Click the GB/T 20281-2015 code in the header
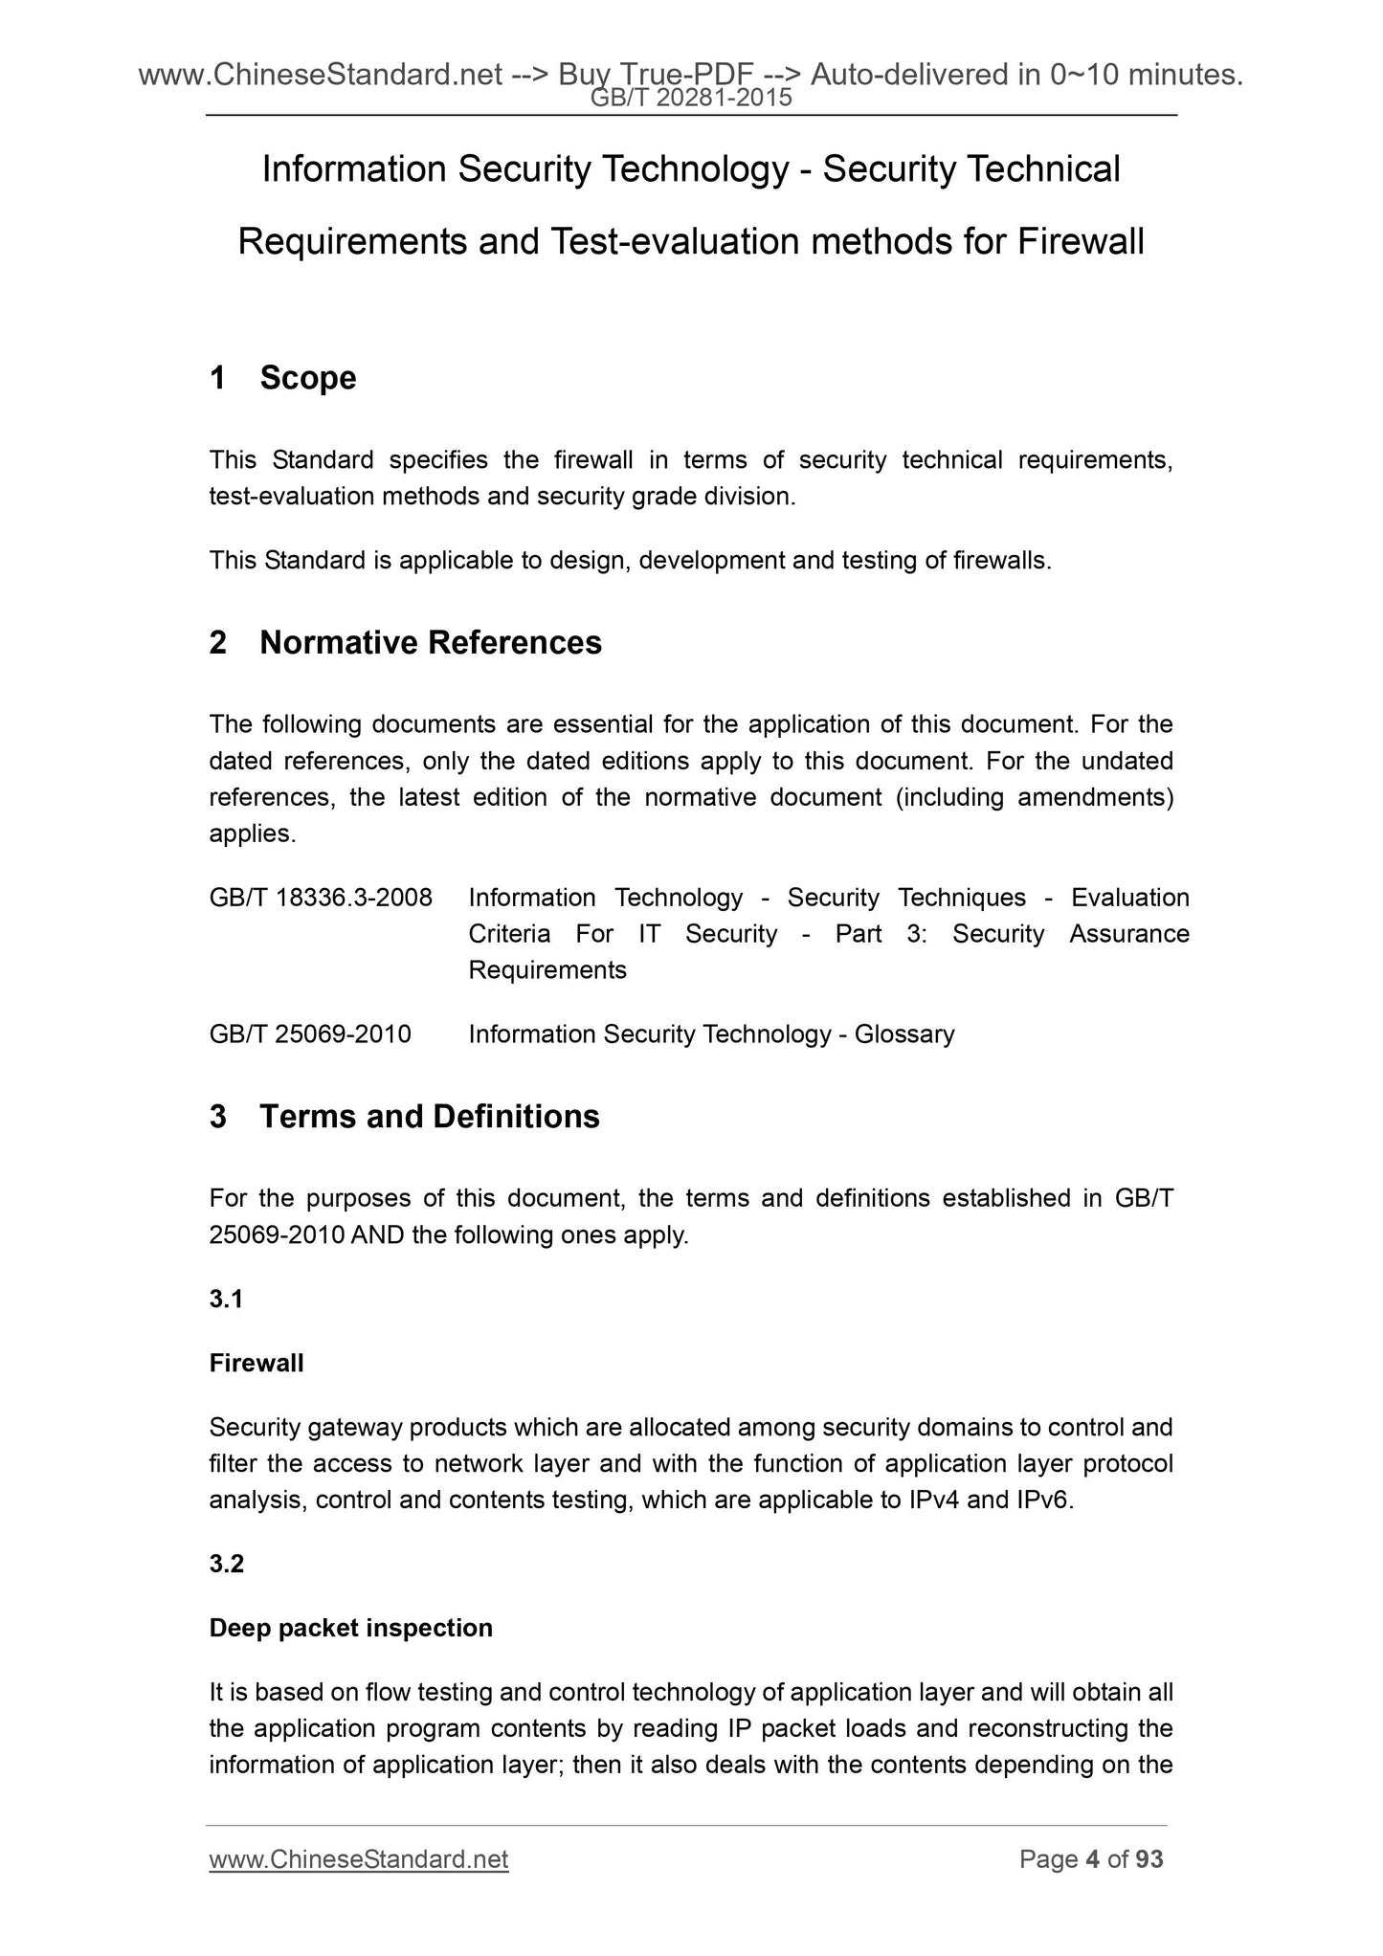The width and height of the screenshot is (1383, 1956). [x=691, y=97]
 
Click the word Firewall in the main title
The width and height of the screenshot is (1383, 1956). [x=1081, y=242]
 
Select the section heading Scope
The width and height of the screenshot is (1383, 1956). [x=307, y=378]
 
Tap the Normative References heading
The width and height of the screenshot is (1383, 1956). [x=431, y=643]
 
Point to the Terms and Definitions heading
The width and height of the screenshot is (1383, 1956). [x=430, y=1117]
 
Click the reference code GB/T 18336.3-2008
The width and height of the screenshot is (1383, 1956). [x=321, y=898]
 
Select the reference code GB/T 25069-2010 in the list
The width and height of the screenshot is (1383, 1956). [x=310, y=1034]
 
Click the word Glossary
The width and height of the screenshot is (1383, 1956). [x=904, y=1034]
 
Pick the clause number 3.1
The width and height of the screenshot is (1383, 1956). [x=226, y=1299]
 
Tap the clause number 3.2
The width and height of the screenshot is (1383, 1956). [x=227, y=1564]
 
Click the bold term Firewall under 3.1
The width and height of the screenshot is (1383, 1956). [x=257, y=1363]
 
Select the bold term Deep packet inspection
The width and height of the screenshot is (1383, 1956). [x=350, y=1628]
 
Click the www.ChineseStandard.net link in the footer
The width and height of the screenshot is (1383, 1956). [x=359, y=1859]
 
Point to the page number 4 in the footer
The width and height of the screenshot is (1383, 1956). [x=1092, y=1859]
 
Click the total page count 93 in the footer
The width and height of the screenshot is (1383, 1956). [x=1149, y=1859]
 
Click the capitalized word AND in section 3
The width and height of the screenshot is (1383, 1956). [x=378, y=1235]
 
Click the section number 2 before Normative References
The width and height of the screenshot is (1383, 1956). [x=218, y=643]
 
